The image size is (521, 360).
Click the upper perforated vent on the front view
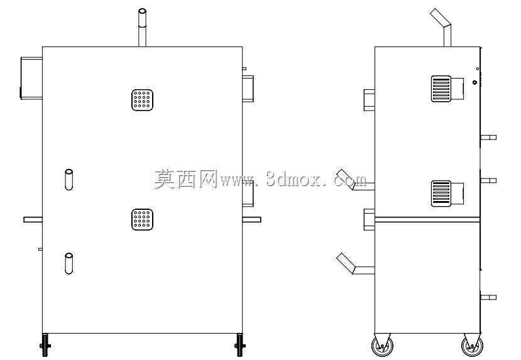point(142,100)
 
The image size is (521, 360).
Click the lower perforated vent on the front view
point(142,219)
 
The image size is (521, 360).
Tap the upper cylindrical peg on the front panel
point(69,180)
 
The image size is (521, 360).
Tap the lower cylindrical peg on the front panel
point(69,264)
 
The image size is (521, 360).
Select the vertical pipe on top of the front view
point(142,28)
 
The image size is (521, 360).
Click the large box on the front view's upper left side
point(31,79)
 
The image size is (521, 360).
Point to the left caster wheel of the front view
point(45,346)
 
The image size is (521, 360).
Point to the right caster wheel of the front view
point(239,346)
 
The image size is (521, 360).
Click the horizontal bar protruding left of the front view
point(33,219)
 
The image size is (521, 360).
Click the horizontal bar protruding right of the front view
point(251,219)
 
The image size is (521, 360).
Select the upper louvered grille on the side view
point(441,89)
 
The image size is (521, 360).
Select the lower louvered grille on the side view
point(441,194)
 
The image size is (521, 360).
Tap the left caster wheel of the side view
point(383,346)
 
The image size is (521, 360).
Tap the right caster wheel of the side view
point(472,346)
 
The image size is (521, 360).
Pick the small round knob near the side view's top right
point(475,82)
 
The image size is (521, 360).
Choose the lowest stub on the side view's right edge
point(488,297)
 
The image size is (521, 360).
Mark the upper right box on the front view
point(248,89)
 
